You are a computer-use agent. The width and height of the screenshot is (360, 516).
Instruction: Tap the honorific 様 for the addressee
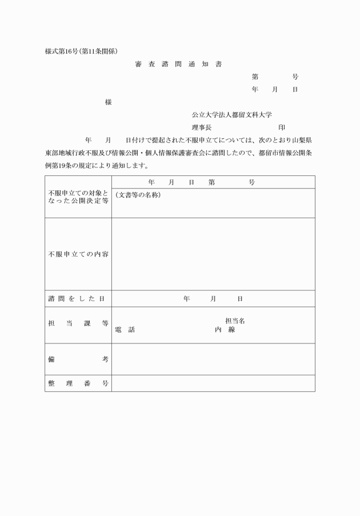pyautogui.click(x=108, y=102)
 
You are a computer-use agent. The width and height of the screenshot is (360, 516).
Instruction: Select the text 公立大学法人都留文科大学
pyautogui.click(x=231, y=115)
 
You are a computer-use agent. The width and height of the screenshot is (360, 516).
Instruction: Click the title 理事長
pyautogui.click(x=202, y=127)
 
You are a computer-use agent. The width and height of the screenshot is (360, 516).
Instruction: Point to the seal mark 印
pyautogui.click(x=282, y=127)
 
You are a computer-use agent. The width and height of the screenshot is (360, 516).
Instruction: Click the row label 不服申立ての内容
pyautogui.click(x=78, y=254)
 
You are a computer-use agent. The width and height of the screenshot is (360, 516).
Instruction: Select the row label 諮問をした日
pyautogui.click(x=78, y=298)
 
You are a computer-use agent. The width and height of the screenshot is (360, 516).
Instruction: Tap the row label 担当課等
pyautogui.click(x=78, y=323)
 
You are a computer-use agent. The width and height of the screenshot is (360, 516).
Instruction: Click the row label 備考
pyautogui.click(x=78, y=359)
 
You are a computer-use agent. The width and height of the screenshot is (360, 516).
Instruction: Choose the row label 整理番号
pyautogui.click(x=78, y=383)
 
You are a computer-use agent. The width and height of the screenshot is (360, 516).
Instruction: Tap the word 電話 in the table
pyautogui.click(x=125, y=330)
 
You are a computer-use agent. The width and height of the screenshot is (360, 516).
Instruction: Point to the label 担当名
pyautogui.click(x=235, y=321)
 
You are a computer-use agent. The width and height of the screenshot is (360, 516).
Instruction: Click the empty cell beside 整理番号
pyautogui.click(x=213, y=383)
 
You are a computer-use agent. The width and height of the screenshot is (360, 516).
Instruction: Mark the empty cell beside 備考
pyautogui.click(x=213, y=359)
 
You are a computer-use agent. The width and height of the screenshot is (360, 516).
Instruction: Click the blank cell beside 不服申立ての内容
pyautogui.click(x=213, y=254)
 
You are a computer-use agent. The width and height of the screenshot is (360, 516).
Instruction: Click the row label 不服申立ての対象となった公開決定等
pyautogui.click(x=78, y=198)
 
